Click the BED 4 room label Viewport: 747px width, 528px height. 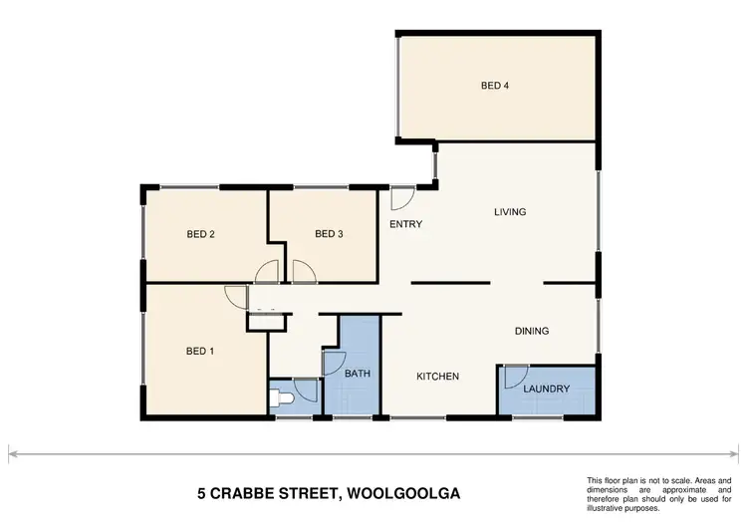click(495, 86)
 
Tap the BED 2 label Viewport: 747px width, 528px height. click(201, 235)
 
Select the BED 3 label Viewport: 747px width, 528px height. click(329, 235)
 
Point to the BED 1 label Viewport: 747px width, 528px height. click(201, 351)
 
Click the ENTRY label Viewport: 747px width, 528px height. click(405, 224)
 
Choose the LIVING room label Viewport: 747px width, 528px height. click(510, 212)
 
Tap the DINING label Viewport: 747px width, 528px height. click(532, 331)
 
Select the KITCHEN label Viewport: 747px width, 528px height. click(437, 377)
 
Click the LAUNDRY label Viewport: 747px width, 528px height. click(547, 389)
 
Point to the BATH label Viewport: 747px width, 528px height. click(358, 375)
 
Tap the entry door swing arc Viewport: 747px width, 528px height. click(402, 196)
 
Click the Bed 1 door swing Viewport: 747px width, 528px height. click(236, 296)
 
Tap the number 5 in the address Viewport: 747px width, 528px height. click(202, 492)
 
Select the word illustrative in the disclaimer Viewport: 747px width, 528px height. click(608, 508)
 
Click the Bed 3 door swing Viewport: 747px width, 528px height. click(303, 270)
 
